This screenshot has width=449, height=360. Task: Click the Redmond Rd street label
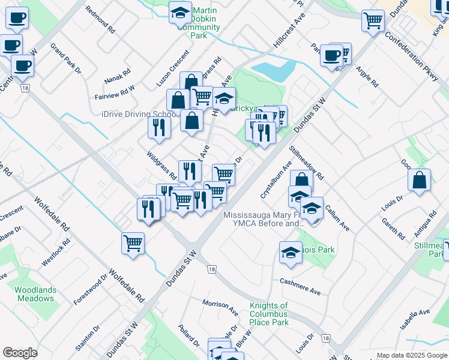(100, 19)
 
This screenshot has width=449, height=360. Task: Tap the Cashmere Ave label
(300, 286)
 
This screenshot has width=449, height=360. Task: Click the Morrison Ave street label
(220, 308)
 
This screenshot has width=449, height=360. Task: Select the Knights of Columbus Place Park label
(269, 314)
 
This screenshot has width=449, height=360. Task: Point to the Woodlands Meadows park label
(35, 294)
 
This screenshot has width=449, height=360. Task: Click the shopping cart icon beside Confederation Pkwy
(373, 22)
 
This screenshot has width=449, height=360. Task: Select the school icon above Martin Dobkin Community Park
(179, 12)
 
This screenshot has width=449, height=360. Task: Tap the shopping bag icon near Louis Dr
(420, 179)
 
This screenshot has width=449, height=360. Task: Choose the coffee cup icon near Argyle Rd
(331, 56)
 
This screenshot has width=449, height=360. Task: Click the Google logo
(20, 353)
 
